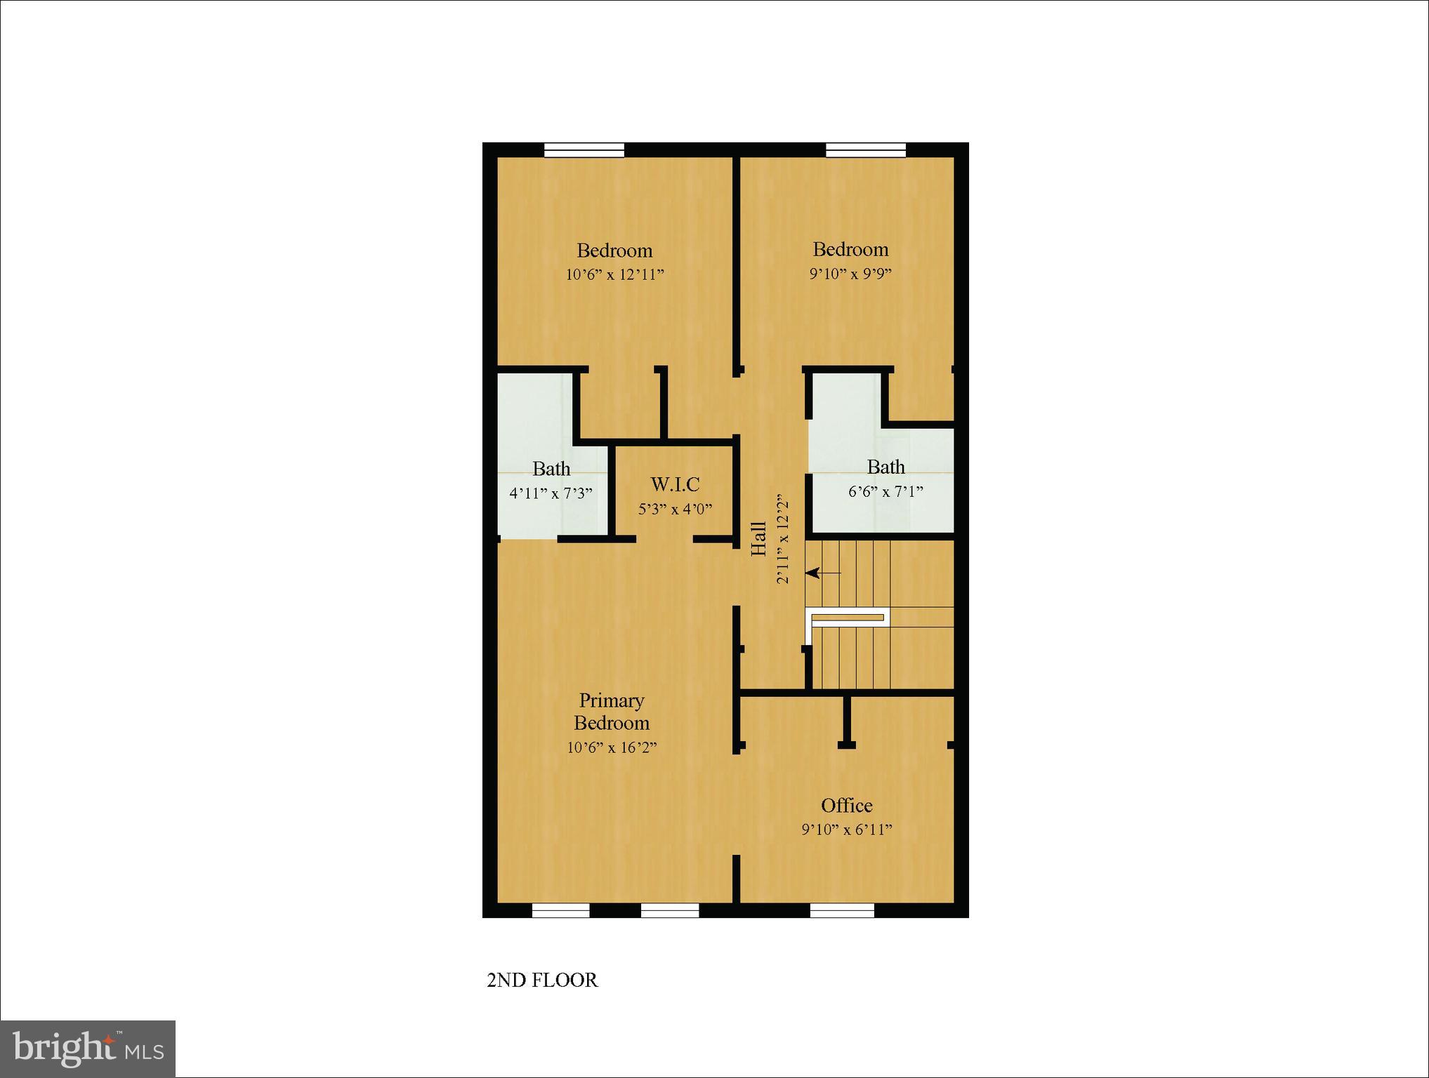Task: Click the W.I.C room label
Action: (x=675, y=484)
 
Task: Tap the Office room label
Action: (x=847, y=806)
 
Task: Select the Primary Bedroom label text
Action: (x=612, y=712)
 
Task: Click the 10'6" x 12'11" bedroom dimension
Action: (x=614, y=274)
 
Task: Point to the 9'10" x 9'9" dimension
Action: (x=850, y=274)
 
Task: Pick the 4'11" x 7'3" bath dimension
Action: (x=551, y=493)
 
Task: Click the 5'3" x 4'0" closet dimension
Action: (x=675, y=509)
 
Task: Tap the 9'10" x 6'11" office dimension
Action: (x=847, y=830)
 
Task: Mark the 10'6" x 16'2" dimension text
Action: (x=612, y=748)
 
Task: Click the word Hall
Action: (x=758, y=539)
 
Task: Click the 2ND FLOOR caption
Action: (x=542, y=980)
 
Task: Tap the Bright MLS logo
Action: (x=88, y=1049)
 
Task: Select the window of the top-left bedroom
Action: (x=584, y=150)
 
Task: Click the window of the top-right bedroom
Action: (x=865, y=150)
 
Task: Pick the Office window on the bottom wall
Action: (x=842, y=910)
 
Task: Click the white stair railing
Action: (x=848, y=618)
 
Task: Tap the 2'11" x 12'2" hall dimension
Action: (x=783, y=539)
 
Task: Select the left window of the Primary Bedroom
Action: (x=560, y=910)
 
